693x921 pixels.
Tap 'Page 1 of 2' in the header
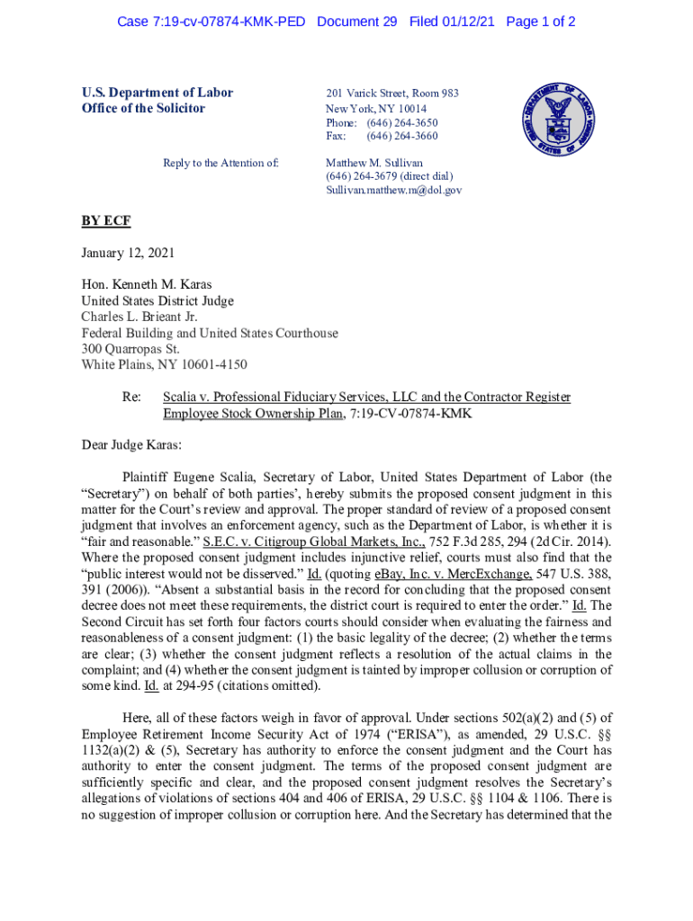click(x=541, y=22)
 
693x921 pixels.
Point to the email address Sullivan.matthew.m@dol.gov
click(x=393, y=191)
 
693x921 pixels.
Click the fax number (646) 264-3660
click(x=401, y=137)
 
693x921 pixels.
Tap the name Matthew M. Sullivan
click(x=373, y=164)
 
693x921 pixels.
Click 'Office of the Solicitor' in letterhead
click(x=144, y=109)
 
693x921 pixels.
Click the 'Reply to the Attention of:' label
click(x=220, y=164)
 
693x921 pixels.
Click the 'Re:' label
click(x=132, y=397)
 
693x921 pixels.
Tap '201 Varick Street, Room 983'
click(x=391, y=94)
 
